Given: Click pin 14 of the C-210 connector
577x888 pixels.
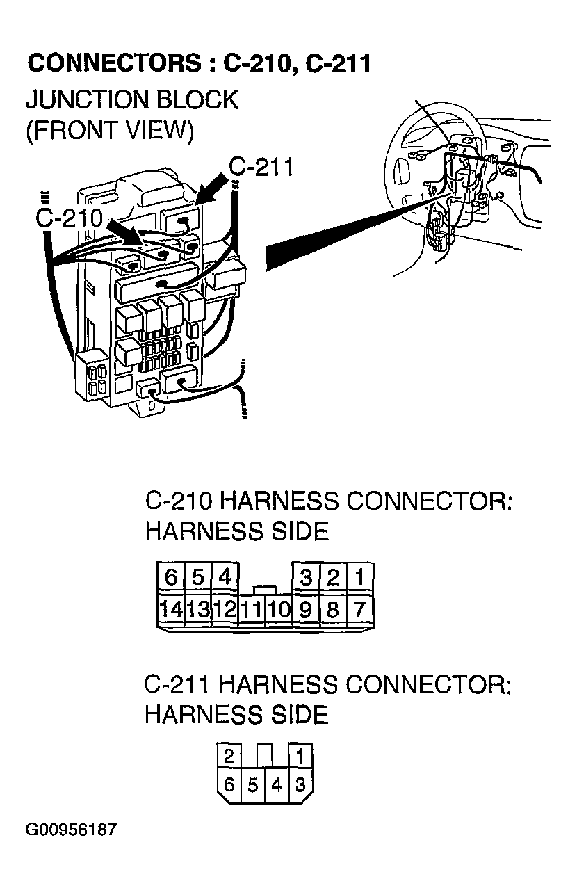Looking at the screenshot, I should click(170, 610).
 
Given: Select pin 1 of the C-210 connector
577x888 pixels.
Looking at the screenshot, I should click(360, 576).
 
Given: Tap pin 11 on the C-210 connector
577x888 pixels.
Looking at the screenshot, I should click(252, 611).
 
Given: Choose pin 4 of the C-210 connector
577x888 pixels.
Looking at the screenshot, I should click(225, 576).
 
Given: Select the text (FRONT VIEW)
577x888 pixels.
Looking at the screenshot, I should click(109, 131).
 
